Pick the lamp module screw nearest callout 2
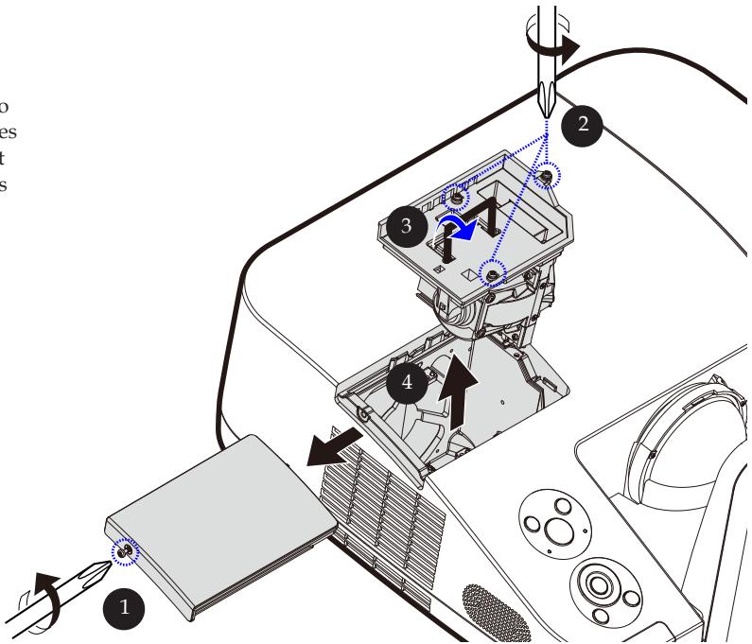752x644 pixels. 547,177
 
